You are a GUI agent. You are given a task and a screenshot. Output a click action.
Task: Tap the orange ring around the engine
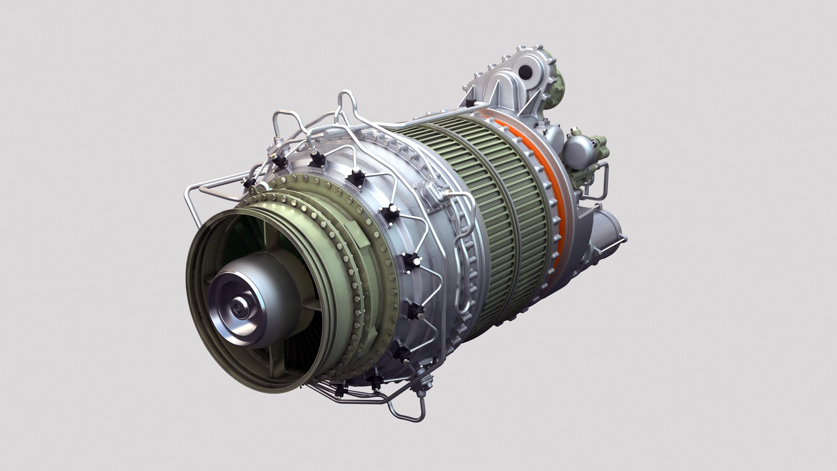tap(553, 175)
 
